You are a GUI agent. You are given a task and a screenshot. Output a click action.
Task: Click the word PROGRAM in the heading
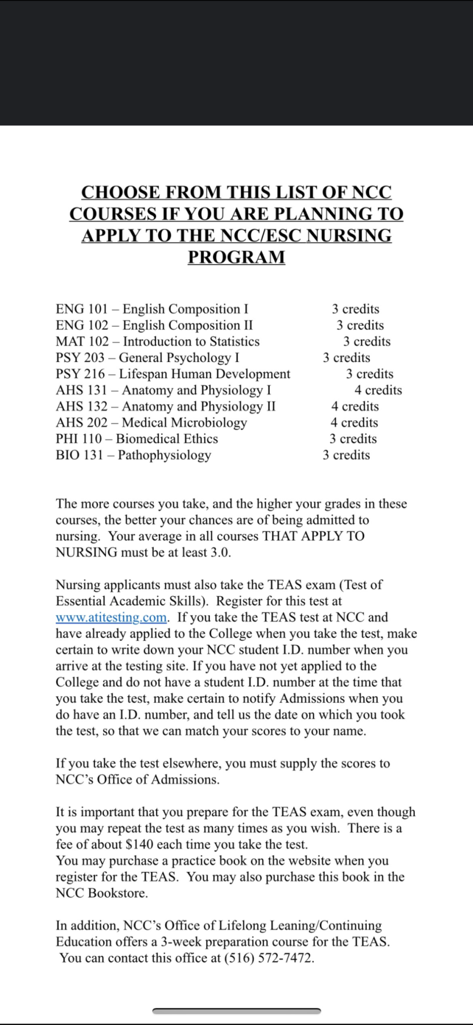click(x=236, y=257)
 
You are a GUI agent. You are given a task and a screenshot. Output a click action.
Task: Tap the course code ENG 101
click(x=81, y=309)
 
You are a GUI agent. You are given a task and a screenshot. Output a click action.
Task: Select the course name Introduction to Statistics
click(x=191, y=342)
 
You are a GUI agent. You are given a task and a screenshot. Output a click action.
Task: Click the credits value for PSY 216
click(x=369, y=374)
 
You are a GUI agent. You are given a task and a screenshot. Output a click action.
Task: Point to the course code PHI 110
click(x=79, y=439)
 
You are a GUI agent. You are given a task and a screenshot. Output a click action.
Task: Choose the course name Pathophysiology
click(x=164, y=456)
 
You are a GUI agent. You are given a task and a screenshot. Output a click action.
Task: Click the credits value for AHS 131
click(x=378, y=391)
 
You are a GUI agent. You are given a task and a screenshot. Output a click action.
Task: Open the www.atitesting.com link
click(x=111, y=618)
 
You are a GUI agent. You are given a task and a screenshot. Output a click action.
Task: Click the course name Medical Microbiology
click(x=184, y=423)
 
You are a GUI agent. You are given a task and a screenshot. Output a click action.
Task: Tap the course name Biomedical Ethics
click(x=167, y=439)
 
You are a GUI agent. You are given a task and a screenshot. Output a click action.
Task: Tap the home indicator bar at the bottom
click(x=236, y=1011)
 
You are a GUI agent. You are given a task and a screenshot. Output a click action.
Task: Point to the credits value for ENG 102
click(x=360, y=326)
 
